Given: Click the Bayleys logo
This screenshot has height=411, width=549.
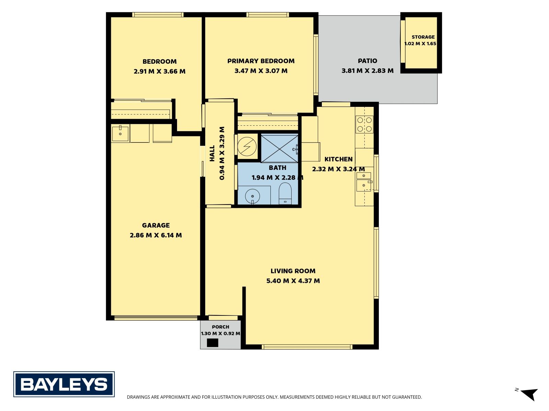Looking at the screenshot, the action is [x=64, y=384].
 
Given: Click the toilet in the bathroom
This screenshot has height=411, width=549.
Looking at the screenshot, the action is [x=285, y=194].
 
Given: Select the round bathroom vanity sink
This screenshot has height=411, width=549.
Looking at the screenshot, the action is [x=252, y=197].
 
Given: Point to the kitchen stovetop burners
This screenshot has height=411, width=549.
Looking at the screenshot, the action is [x=364, y=124].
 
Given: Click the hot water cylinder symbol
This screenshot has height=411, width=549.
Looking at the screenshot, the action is [x=247, y=147].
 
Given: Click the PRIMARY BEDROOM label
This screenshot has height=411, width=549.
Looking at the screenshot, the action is [x=261, y=61].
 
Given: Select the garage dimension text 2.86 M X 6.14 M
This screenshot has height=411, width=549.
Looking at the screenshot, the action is [x=156, y=235].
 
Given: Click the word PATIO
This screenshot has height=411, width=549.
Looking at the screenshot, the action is [x=367, y=61].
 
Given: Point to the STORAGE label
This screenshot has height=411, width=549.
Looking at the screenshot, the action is [x=423, y=37].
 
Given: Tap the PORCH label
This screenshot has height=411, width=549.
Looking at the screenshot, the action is [x=220, y=327].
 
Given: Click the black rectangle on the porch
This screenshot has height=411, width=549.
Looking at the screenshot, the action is [x=213, y=343].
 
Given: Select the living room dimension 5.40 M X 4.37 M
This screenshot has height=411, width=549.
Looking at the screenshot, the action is [x=293, y=281].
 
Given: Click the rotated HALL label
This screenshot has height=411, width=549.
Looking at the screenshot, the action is [x=212, y=153].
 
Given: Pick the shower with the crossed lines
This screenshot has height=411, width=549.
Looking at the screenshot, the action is [x=280, y=149].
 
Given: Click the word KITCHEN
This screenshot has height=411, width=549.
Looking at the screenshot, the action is [x=338, y=159].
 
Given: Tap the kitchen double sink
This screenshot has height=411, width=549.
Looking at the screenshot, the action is [x=364, y=182].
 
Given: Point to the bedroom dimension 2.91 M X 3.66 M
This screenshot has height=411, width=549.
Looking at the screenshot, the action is [x=160, y=71].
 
